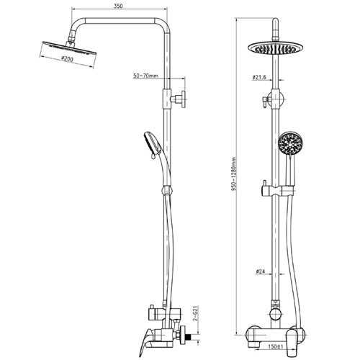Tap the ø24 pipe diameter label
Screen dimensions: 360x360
260,271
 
